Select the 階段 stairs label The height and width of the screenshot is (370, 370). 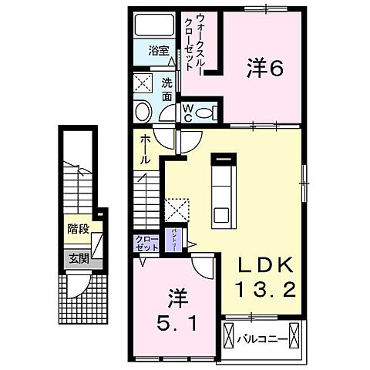coord(76,229)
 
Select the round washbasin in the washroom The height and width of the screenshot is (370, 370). coord(143,113)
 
